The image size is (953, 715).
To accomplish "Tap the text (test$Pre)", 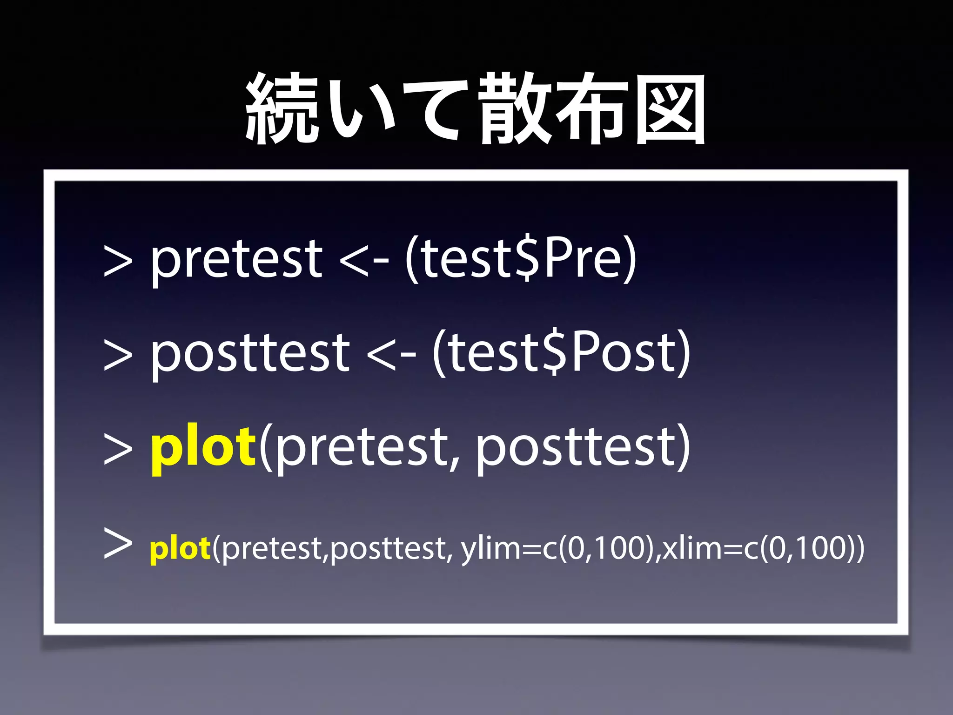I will coord(520,258).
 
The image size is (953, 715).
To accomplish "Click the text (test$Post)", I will coord(561,353).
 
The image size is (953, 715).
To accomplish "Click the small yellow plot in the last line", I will coord(180,549).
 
